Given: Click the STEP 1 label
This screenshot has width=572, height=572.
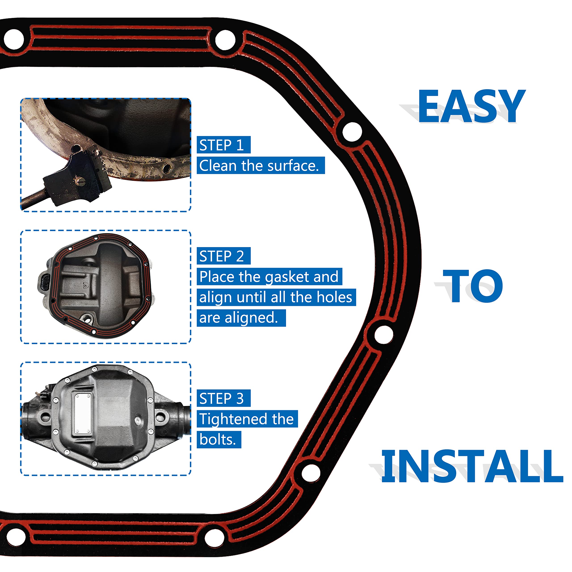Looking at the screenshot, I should click(x=223, y=145).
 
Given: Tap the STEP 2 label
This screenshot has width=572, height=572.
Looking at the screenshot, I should click(x=223, y=256).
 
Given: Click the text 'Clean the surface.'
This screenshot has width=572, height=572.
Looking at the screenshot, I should click(x=261, y=166).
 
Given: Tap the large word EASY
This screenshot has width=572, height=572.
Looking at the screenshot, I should click(x=471, y=107).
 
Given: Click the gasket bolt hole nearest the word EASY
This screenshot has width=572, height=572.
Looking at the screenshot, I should click(x=352, y=131).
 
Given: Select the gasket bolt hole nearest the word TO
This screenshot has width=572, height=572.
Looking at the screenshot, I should click(x=384, y=334).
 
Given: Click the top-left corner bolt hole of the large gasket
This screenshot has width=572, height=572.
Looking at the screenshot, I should click(x=14, y=39).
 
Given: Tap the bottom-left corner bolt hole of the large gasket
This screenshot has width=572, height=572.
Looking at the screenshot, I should click(x=15, y=536).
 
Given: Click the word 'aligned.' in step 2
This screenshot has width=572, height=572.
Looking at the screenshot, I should click(x=251, y=318).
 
